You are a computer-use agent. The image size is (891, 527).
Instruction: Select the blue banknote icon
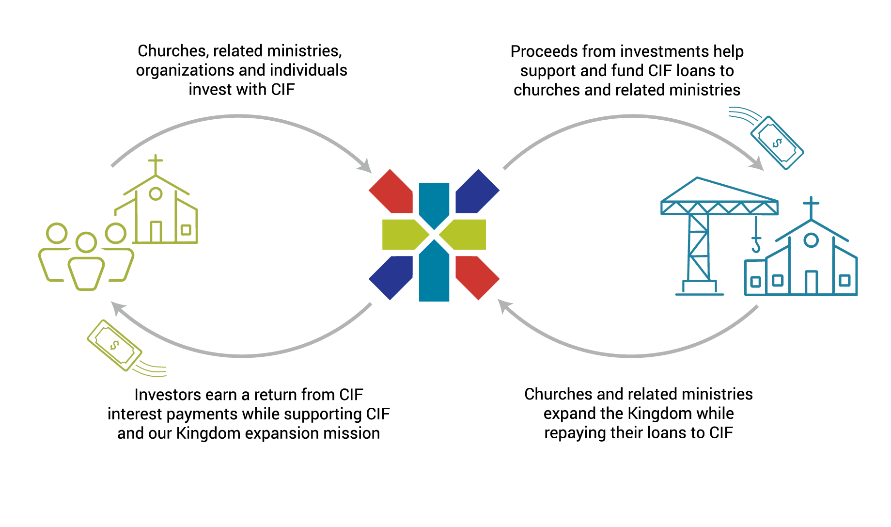tap(777, 143)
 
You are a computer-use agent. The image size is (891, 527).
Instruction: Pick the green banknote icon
tap(114, 345)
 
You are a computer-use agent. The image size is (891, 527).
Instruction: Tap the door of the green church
tap(156, 232)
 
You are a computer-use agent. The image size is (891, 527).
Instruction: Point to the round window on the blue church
tap(811, 240)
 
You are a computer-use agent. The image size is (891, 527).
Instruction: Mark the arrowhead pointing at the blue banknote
tap(757, 164)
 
